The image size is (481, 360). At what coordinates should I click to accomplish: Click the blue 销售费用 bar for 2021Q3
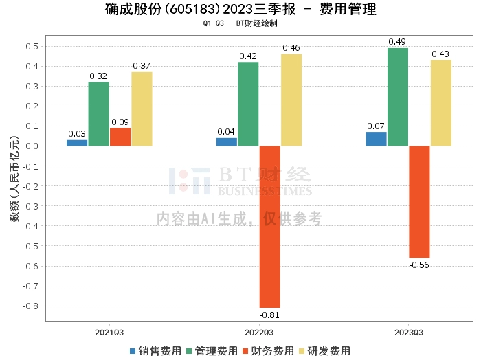[77, 143]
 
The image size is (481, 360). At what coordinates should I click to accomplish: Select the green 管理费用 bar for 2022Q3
[248, 104]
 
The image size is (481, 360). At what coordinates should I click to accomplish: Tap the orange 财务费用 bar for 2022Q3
[270, 227]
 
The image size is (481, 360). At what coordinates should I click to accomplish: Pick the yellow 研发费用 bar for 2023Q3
[441, 103]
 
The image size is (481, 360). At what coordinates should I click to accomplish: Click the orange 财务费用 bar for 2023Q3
[419, 201]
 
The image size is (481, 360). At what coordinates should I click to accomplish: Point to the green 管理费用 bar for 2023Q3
[398, 97]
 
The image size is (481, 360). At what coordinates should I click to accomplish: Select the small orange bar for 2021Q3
[120, 137]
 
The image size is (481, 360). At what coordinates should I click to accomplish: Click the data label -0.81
[269, 315]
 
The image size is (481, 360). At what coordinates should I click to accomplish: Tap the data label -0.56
[419, 265]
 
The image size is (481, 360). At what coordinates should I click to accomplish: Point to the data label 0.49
[398, 42]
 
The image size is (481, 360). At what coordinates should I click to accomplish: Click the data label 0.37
[142, 65]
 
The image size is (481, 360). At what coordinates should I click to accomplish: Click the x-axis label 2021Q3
[109, 332]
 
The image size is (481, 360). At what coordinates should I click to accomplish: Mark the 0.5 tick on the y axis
[30, 46]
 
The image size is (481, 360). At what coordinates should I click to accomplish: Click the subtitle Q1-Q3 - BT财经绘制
[240, 23]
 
